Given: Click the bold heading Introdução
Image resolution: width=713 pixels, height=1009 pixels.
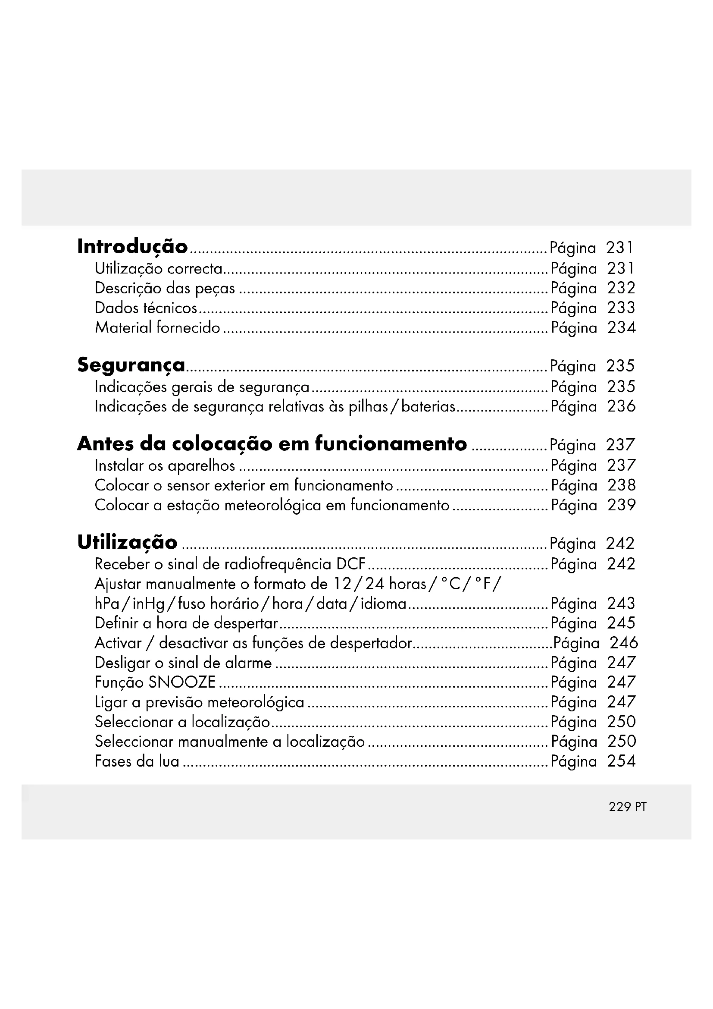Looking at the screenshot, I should click(x=132, y=247).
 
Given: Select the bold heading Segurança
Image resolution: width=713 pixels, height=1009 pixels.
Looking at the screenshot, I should click(x=131, y=366).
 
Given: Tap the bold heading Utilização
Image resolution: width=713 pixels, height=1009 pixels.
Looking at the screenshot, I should click(x=127, y=543).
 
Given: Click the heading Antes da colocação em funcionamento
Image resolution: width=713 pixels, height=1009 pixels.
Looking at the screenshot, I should click(x=272, y=444).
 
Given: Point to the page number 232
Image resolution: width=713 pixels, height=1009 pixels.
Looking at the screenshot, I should click(x=621, y=288).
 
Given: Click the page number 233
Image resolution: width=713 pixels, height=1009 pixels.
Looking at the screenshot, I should click(x=621, y=308).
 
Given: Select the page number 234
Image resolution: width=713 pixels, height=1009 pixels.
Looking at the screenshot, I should click(x=621, y=328).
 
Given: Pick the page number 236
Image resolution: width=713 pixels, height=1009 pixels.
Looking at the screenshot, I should click(x=621, y=406).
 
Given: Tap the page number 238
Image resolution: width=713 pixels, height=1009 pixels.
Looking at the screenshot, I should click(x=621, y=486).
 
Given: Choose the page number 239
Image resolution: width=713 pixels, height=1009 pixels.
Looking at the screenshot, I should click(x=621, y=506).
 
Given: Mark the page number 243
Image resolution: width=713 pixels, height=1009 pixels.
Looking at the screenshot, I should click(x=621, y=604).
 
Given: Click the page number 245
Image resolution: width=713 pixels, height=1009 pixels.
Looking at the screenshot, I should click(x=621, y=623).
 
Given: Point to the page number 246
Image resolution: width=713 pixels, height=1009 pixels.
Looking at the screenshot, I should click(x=623, y=643).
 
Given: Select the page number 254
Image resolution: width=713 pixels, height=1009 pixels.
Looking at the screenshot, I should click(x=621, y=761).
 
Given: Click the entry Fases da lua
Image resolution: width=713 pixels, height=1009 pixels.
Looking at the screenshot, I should click(x=137, y=761).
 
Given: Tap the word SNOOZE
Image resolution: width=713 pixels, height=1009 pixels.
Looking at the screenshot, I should click(x=182, y=682).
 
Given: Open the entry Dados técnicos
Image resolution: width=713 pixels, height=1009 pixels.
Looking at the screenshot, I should click(x=146, y=308).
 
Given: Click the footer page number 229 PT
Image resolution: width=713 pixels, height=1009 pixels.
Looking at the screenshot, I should click(x=627, y=807).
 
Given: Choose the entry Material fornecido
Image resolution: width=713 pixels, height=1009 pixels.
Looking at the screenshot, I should click(x=157, y=328).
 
